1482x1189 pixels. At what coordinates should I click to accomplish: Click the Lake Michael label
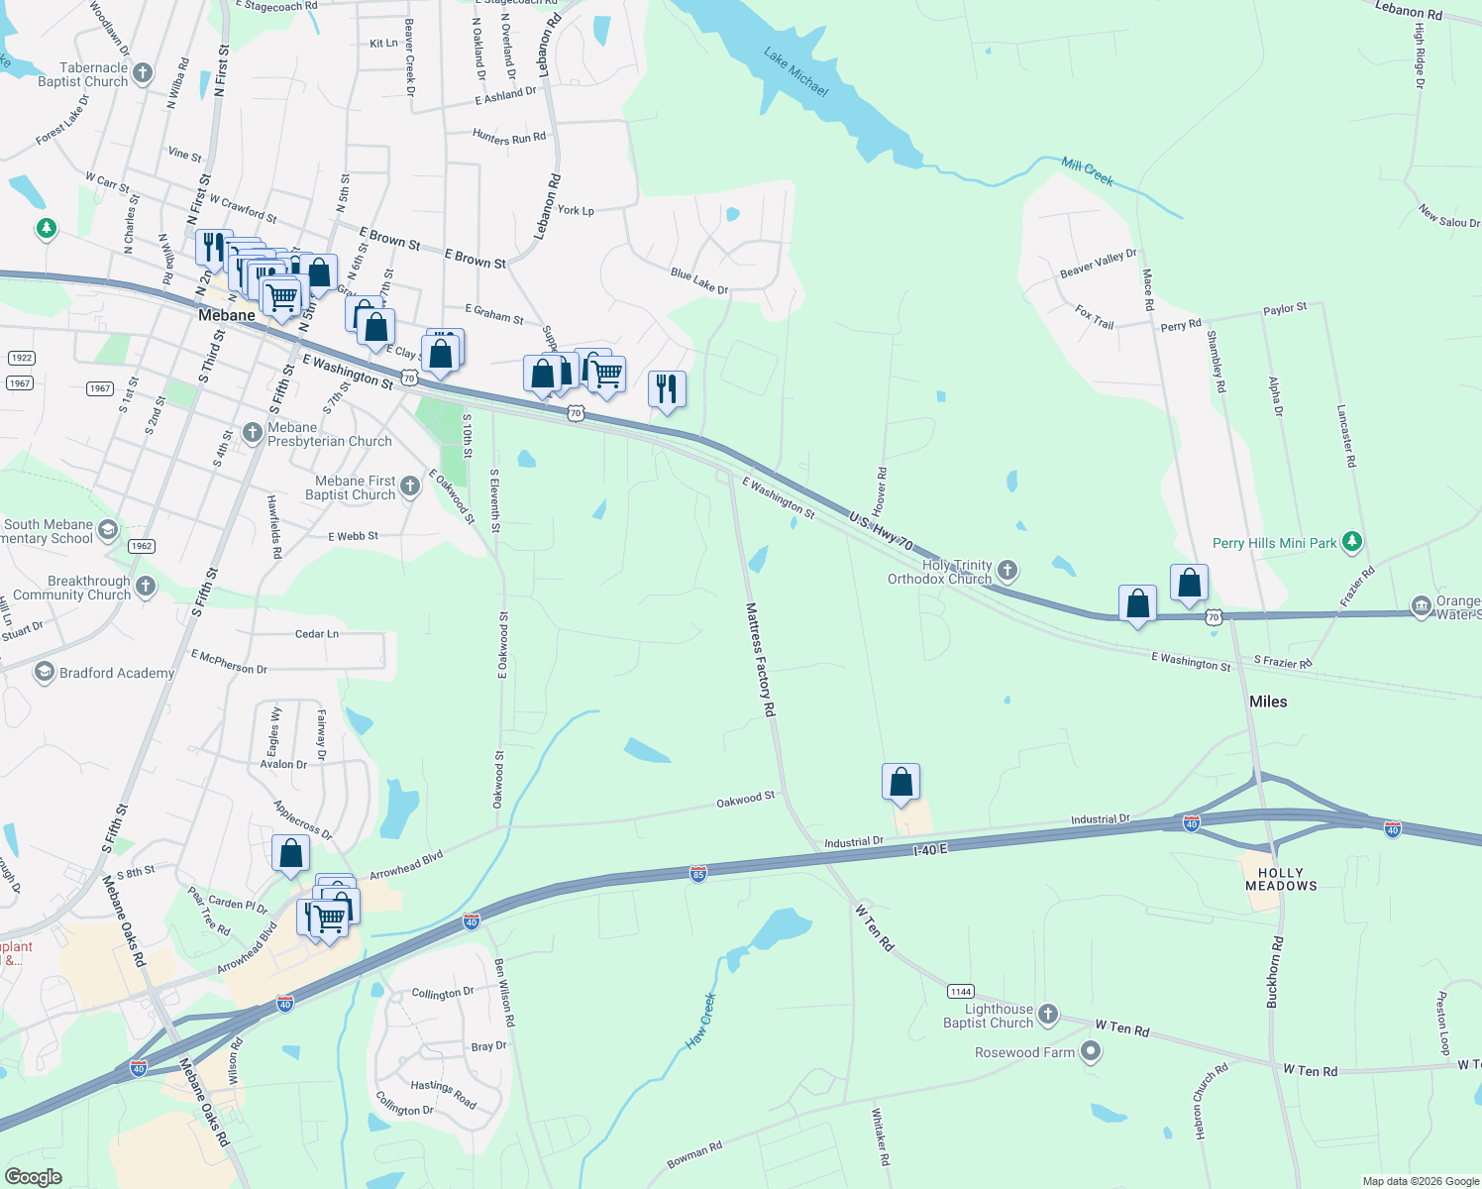(795, 71)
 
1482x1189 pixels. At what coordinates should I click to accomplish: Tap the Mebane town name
(227, 315)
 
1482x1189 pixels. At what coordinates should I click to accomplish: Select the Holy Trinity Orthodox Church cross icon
(1007, 570)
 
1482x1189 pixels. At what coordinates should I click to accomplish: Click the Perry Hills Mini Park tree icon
(1352, 542)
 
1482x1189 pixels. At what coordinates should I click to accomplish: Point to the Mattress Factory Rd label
(761, 660)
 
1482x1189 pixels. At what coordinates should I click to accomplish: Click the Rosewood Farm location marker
(1091, 1052)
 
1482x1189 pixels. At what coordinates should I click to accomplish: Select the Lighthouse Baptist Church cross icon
(1048, 1015)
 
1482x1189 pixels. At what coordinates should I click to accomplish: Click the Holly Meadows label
(1281, 880)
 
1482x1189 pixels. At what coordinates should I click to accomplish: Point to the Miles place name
(1268, 702)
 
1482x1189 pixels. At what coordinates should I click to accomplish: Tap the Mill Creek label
(1087, 170)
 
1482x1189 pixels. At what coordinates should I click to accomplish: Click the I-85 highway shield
(698, 874)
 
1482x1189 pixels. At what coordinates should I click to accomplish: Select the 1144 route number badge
(960, 992)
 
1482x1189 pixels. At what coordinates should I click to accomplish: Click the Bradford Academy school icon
(44, 673)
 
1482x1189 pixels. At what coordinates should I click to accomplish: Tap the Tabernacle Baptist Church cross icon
(143, 72)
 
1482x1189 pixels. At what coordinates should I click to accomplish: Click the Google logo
(33, 1177)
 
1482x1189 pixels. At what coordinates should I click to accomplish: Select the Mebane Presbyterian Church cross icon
(253, 433)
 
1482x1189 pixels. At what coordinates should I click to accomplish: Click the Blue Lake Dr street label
(699, 281)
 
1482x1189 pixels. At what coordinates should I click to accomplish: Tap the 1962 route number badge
(141, 546)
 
